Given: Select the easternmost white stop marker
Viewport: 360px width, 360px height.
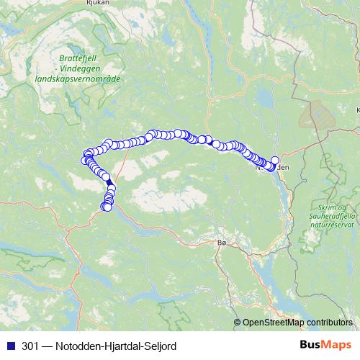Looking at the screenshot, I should (x=274, y=161).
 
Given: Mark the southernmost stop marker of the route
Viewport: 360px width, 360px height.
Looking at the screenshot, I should (x=107, y=207).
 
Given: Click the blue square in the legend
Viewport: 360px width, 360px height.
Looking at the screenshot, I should (x=11, y=346).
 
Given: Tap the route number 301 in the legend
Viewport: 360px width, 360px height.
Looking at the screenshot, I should (x=30, y=346).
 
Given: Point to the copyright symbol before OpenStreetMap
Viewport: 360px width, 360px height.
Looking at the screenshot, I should (x=238, y=323).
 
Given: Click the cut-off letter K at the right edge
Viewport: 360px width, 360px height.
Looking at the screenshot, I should (x=357, y=110).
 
